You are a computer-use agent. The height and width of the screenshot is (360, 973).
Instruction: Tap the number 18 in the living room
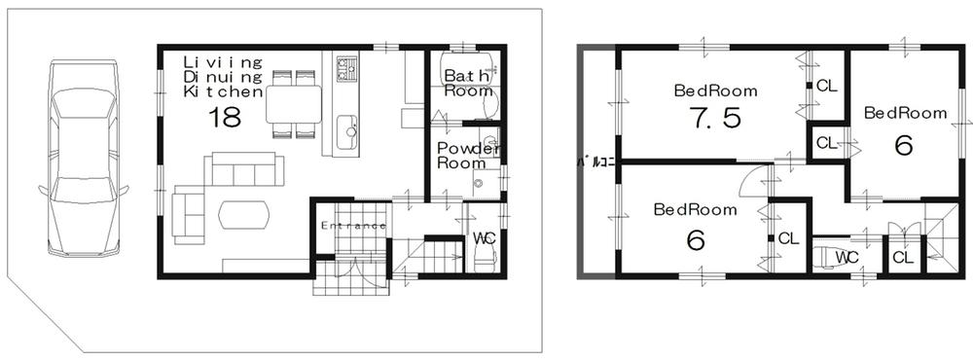[x=224, y=119]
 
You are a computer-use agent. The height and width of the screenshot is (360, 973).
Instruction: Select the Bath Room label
[x=468, y=84]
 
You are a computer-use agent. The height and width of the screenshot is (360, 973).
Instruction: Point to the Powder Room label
[x=462, y=156]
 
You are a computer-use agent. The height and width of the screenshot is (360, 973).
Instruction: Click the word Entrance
[x=353, y=226]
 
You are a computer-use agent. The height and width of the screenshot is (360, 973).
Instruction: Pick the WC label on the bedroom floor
[x=847, y=257]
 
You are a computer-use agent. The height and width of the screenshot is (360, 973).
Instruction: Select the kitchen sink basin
[x=346, y=130]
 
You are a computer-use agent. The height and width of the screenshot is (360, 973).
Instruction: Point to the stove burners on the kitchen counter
[x=346, y=68]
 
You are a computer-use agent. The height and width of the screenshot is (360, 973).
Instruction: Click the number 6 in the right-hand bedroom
[x=903, y=145]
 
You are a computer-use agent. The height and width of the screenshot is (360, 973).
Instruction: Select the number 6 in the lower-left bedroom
[x=695, y=238]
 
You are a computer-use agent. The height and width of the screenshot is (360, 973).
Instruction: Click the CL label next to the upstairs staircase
[x=902, y=257]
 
